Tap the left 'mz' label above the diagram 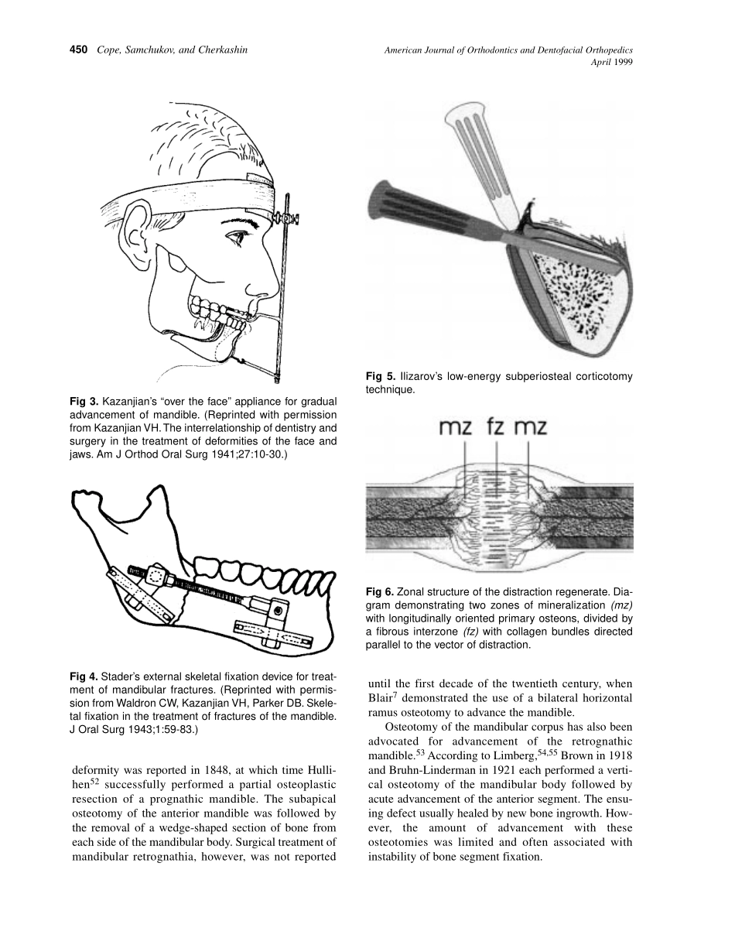coord(457,427)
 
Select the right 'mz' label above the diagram coord(531,427)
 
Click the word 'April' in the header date coord(601,63)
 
